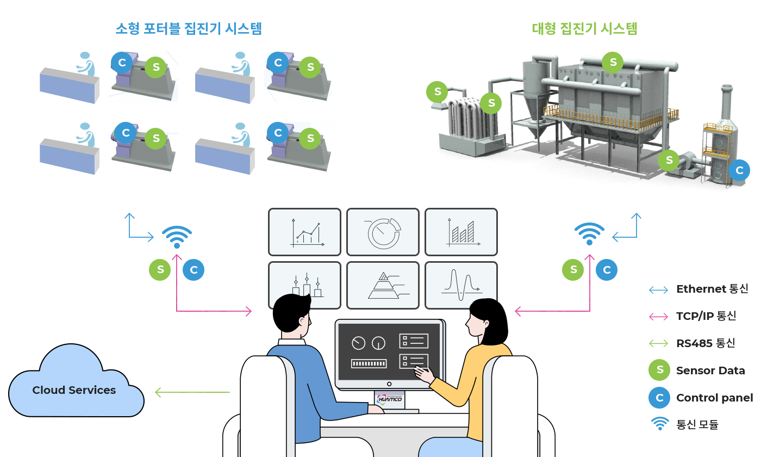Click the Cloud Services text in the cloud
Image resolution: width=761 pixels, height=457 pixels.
[74, 390]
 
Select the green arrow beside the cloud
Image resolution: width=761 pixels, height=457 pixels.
[191, 392]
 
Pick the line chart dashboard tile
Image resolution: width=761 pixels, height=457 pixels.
[304, 232]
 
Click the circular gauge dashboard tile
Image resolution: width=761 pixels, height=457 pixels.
[383, 232]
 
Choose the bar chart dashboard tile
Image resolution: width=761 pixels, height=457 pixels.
[461, 232]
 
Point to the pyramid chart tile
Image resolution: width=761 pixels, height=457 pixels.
[383, 285]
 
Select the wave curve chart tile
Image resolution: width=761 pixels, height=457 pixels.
[461, 285]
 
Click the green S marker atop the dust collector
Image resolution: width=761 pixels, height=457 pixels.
[613, 63]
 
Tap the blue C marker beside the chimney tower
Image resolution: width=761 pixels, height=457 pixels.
[739, 170]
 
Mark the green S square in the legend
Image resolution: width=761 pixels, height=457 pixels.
[659, 370]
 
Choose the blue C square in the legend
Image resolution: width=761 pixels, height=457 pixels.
[659, 398]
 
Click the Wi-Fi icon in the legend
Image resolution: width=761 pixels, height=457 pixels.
[659, 423]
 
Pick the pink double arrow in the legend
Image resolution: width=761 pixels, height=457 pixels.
[658, 317]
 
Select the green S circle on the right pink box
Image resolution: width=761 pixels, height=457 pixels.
[572, 270]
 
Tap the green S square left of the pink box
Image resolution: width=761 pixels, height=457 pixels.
[160, 270]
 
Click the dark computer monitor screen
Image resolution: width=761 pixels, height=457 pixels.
[389, 352]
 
